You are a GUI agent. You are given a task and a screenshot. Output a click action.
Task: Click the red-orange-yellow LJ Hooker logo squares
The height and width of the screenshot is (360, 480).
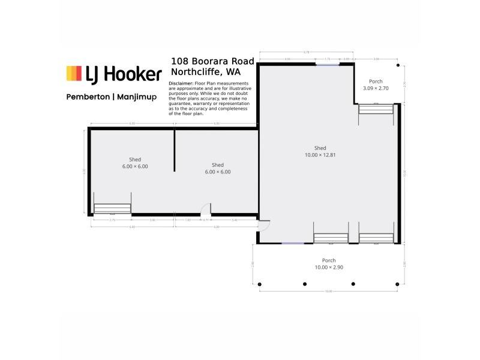74,73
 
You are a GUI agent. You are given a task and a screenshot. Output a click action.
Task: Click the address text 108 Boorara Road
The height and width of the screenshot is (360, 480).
212,61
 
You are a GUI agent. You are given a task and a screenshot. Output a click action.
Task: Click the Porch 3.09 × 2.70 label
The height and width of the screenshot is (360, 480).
376,85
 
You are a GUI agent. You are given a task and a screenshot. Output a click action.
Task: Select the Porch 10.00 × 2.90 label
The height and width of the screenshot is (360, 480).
328,264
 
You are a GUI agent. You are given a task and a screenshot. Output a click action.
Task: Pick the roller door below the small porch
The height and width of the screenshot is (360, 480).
376,109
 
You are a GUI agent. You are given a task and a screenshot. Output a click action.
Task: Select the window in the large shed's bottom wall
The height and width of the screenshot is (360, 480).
293,243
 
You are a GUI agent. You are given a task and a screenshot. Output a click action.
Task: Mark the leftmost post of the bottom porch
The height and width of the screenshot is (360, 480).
260,284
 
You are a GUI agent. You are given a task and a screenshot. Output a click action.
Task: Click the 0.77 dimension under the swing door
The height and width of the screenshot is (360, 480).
205,220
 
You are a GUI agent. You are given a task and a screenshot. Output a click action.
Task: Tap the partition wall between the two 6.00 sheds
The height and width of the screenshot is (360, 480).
175,150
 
